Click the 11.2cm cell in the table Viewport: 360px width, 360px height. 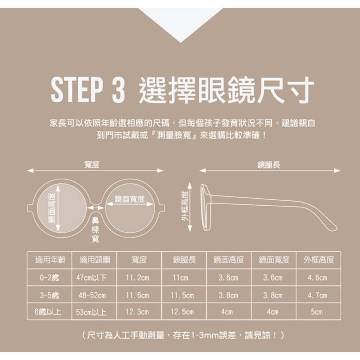[137, 278]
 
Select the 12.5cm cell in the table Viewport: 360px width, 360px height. [182, 312]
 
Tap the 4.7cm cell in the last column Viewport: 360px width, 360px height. [317, 295]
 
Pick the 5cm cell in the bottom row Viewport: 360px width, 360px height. [317, 312]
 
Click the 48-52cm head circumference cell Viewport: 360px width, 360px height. [92, 295]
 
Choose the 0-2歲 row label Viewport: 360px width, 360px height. [49, 278]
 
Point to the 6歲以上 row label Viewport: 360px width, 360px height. [48, 312]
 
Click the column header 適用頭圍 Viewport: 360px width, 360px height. [95, 260]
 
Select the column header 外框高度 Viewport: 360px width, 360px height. [319, 260]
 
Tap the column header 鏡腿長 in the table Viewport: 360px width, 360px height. [184, 260]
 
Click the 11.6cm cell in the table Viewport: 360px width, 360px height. [137, 295]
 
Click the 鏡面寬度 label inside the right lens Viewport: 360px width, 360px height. [129, 199]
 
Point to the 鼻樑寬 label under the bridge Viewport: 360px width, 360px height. [95, 230]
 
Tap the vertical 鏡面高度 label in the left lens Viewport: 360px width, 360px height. [52, 208]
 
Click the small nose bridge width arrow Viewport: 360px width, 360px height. [96, 208]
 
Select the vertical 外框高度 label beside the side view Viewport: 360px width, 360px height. [185, 206]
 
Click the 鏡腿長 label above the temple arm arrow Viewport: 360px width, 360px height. [269, 165]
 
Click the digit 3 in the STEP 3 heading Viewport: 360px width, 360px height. [119, 90]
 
